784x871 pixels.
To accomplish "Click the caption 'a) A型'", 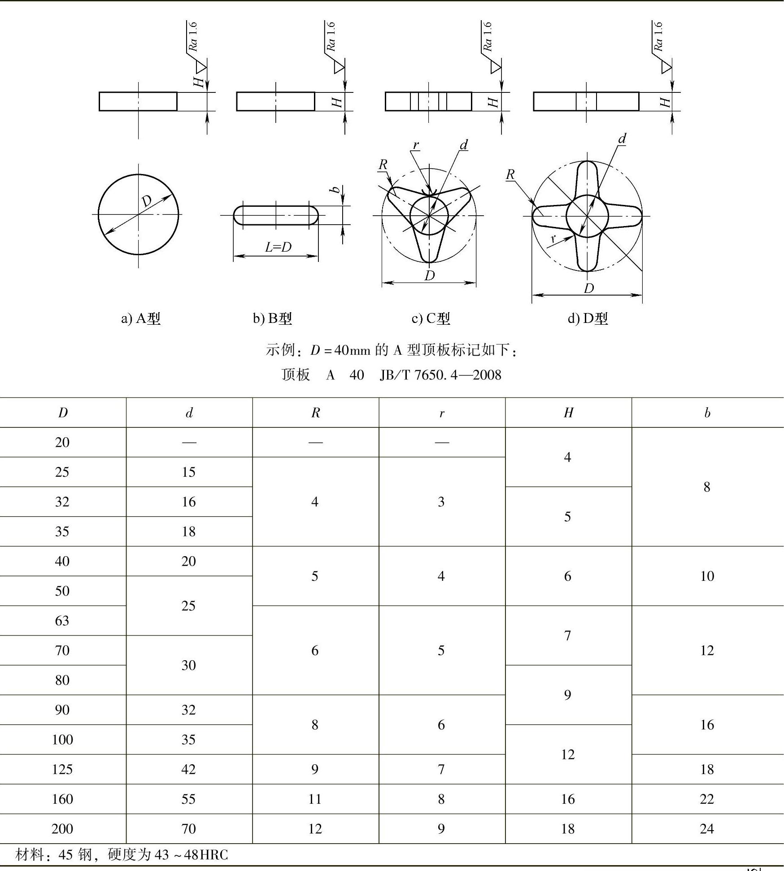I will coord(140,318).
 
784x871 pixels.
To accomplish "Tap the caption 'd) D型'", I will coord(588,318).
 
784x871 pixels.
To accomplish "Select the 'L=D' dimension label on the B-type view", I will coord(278,247).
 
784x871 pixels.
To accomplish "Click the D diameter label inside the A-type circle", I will coord(146,201).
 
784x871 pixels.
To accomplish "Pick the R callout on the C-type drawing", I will coord(383,165).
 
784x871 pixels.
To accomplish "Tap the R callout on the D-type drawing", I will coord(510,174).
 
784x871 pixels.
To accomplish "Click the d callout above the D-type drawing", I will coord(622,139).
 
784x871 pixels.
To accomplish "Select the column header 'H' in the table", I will coord(568,413).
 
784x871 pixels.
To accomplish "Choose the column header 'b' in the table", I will coord(707,413).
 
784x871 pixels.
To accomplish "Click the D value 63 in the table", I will coord(62,621).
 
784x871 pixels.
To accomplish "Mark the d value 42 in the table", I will coord(189,770).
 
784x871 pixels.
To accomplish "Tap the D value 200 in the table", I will coord(62,829).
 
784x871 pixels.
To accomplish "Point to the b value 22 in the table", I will coord(707,799).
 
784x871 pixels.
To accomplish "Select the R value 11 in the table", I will coord(315,799).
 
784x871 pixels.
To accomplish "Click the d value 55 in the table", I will coord(189,799).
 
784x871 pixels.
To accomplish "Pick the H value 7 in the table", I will coord(568,636).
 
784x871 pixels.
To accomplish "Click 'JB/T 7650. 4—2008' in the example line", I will coord(440,375).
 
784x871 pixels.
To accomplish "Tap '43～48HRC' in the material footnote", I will coord(191,855).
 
